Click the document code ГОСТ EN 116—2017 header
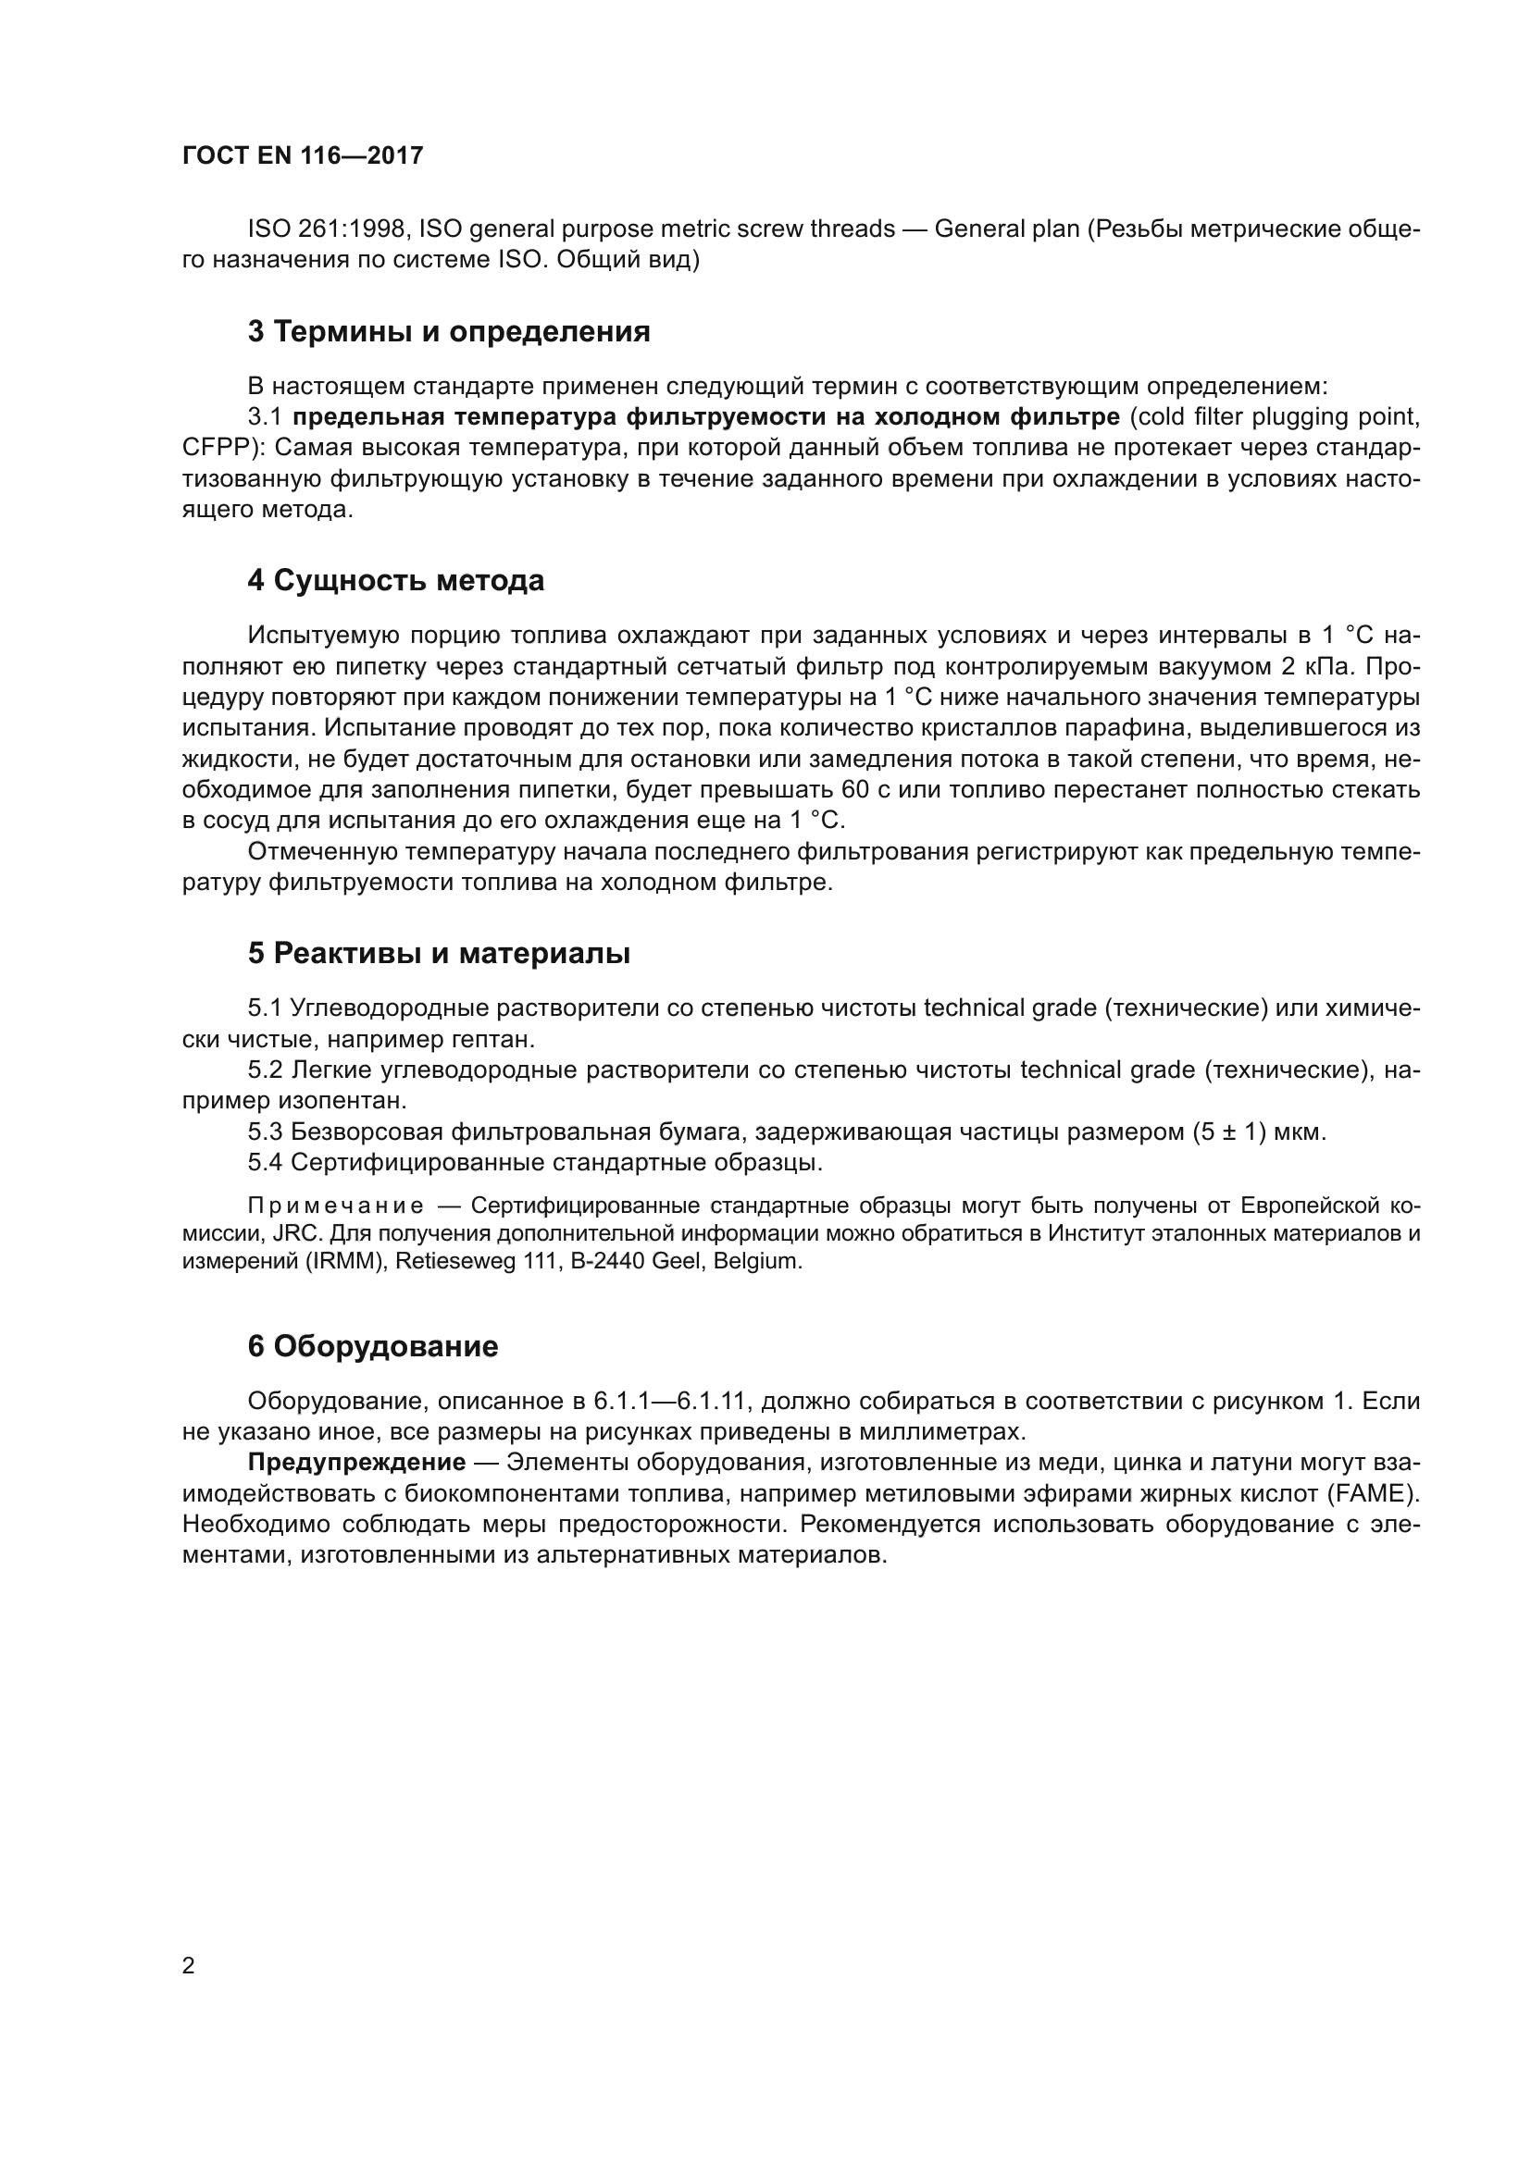(303, 155)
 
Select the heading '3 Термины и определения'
(449, 332)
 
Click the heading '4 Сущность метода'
(396, 581)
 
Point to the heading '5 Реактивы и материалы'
(439, 954)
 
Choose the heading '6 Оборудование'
(372, 1347)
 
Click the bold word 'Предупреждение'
(356, 1463)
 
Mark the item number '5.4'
(265, 1162)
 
